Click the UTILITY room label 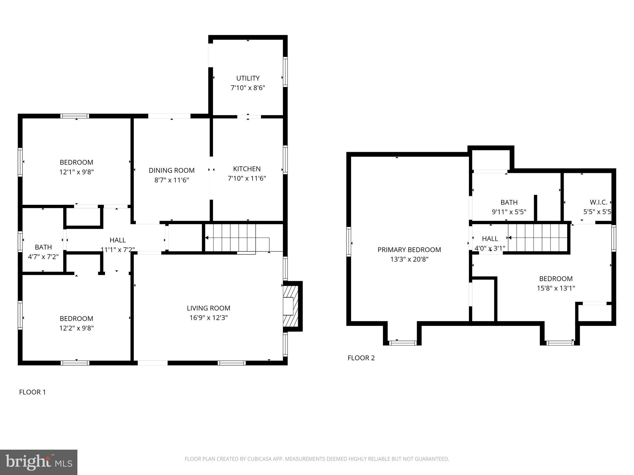[x=248, y=78]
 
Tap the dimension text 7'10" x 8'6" [x=248, y=88]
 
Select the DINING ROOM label [x=172, y=170]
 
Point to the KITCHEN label [x=247, y=169]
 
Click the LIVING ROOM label [x=208, y=308]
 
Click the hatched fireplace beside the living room [x=291, y=306]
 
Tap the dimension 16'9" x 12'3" [x=208, y=318]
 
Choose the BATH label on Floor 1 [x=43, y=247]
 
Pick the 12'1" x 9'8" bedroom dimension [x=76, y=172]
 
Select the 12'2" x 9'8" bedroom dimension [x=76, y=328]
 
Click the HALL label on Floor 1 [x=118, y=240]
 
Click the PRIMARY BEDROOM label [x=409, y=250]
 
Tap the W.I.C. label [x=598, y=202]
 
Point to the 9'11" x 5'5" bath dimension [x=509, y=212]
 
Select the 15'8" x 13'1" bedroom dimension [x=556, y=288]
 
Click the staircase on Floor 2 [x=537, y=237]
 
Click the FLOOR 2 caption [x=361, y=358]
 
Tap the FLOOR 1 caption [x=32, y=392]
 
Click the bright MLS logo [x=38, y=462]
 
